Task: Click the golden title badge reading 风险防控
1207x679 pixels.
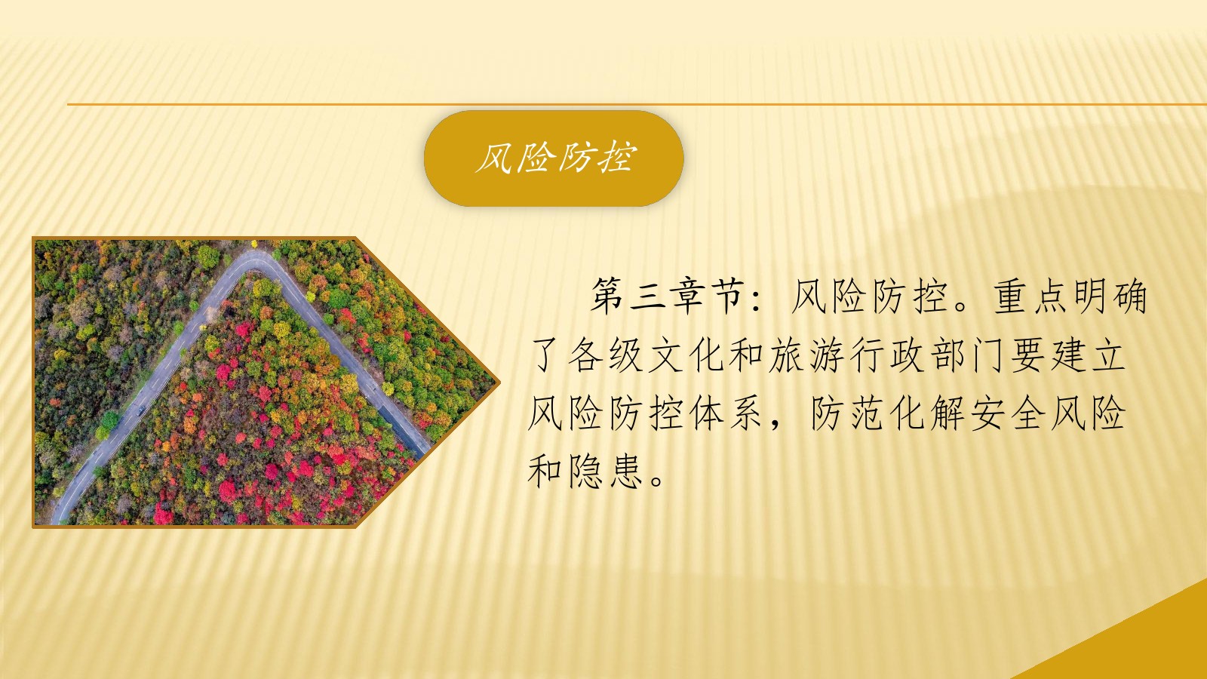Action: [554, 158]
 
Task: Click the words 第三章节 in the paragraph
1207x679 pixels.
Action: [668, 296]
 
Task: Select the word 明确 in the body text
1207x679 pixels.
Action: [1110, 296]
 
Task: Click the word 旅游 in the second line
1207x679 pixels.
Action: [806, 355]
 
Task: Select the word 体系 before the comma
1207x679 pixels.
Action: [726, 414]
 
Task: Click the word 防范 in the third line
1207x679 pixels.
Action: [846, 414]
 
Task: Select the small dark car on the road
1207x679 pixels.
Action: [141, 410]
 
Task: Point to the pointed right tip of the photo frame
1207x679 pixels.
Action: [499, 383]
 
